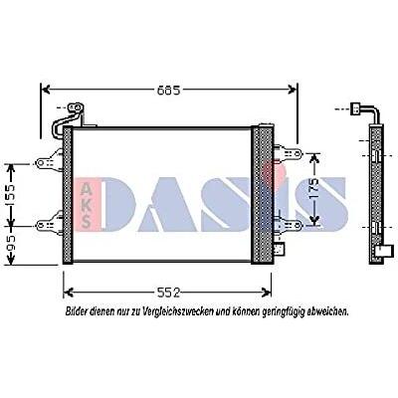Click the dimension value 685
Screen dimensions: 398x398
coord(168,90)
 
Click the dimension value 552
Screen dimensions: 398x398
coord(168,293)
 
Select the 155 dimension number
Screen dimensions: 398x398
coord(11,196)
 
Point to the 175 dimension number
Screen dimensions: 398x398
coord(313,189)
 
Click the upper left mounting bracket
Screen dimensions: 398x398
coord(49,161)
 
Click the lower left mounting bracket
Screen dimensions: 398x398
coord(49,224)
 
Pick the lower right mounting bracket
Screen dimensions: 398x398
coord(288,225)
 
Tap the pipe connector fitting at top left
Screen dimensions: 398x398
coord(76,107)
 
